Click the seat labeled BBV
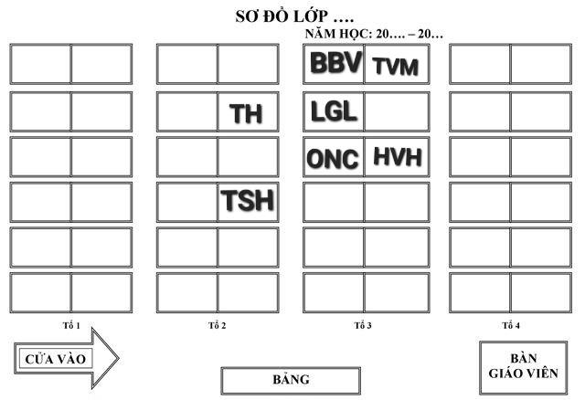(334, 64)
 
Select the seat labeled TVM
(395, 65)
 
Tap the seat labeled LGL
(334, 111)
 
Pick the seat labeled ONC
(334, 158)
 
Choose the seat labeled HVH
(395, 157)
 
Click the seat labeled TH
(247, 112)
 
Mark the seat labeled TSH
(247, 201)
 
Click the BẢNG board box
(291, 380)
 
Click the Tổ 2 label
(218, 326)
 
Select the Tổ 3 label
(363, 326)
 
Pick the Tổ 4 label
(510, 326)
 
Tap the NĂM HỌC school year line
(374, 34)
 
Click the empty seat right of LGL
(395, 111)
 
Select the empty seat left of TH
(187, 111)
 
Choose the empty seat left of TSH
(187, 201)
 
